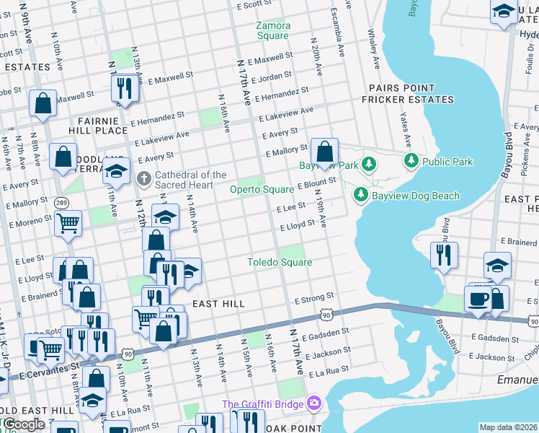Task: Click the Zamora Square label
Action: (273, 31)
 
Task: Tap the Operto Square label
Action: (262, 190)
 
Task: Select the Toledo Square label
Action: (280, 262)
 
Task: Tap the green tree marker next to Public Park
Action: (411, 160)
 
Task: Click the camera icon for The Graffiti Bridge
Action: (313, 403)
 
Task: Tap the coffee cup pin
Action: (478, 299)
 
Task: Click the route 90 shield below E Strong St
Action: (326, 315)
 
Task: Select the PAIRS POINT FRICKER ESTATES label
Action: (411, 94)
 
